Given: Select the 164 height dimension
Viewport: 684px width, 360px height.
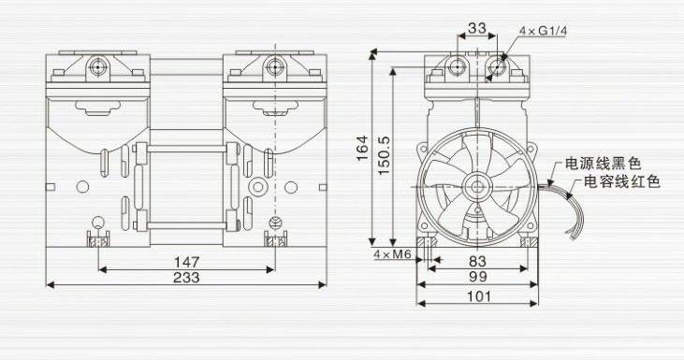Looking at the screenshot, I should click(x=361, y=148).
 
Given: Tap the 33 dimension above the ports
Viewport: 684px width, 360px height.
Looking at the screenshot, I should click(x=476, y=28).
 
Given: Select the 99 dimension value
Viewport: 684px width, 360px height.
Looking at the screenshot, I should click(x=478, y=279).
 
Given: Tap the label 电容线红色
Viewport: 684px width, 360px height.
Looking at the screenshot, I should click(x=622, y=181).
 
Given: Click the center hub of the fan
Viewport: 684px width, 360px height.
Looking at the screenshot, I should click(x=478, y=186).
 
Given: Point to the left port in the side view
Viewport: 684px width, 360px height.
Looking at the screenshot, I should click(x=458, y=65).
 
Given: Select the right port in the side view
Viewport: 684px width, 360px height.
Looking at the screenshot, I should click(x=497, y=65).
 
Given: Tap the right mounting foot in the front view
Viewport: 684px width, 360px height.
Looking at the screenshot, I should click(x=272, y=241).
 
